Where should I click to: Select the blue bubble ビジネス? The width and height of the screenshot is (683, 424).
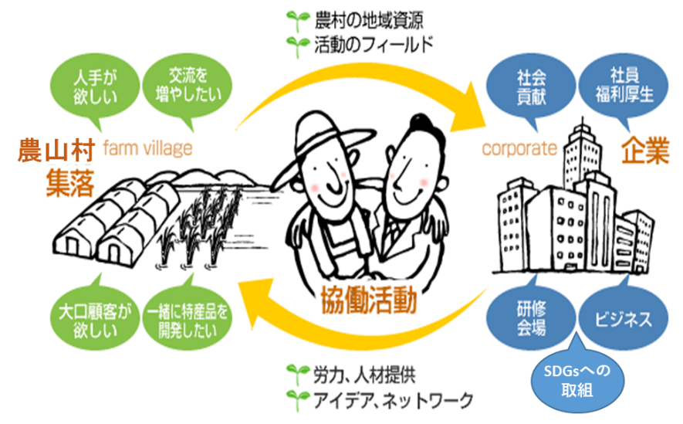click(621, 317)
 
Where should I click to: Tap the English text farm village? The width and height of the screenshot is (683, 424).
click(146, 148)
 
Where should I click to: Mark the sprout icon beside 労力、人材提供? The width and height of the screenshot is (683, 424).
click(295, 375)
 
